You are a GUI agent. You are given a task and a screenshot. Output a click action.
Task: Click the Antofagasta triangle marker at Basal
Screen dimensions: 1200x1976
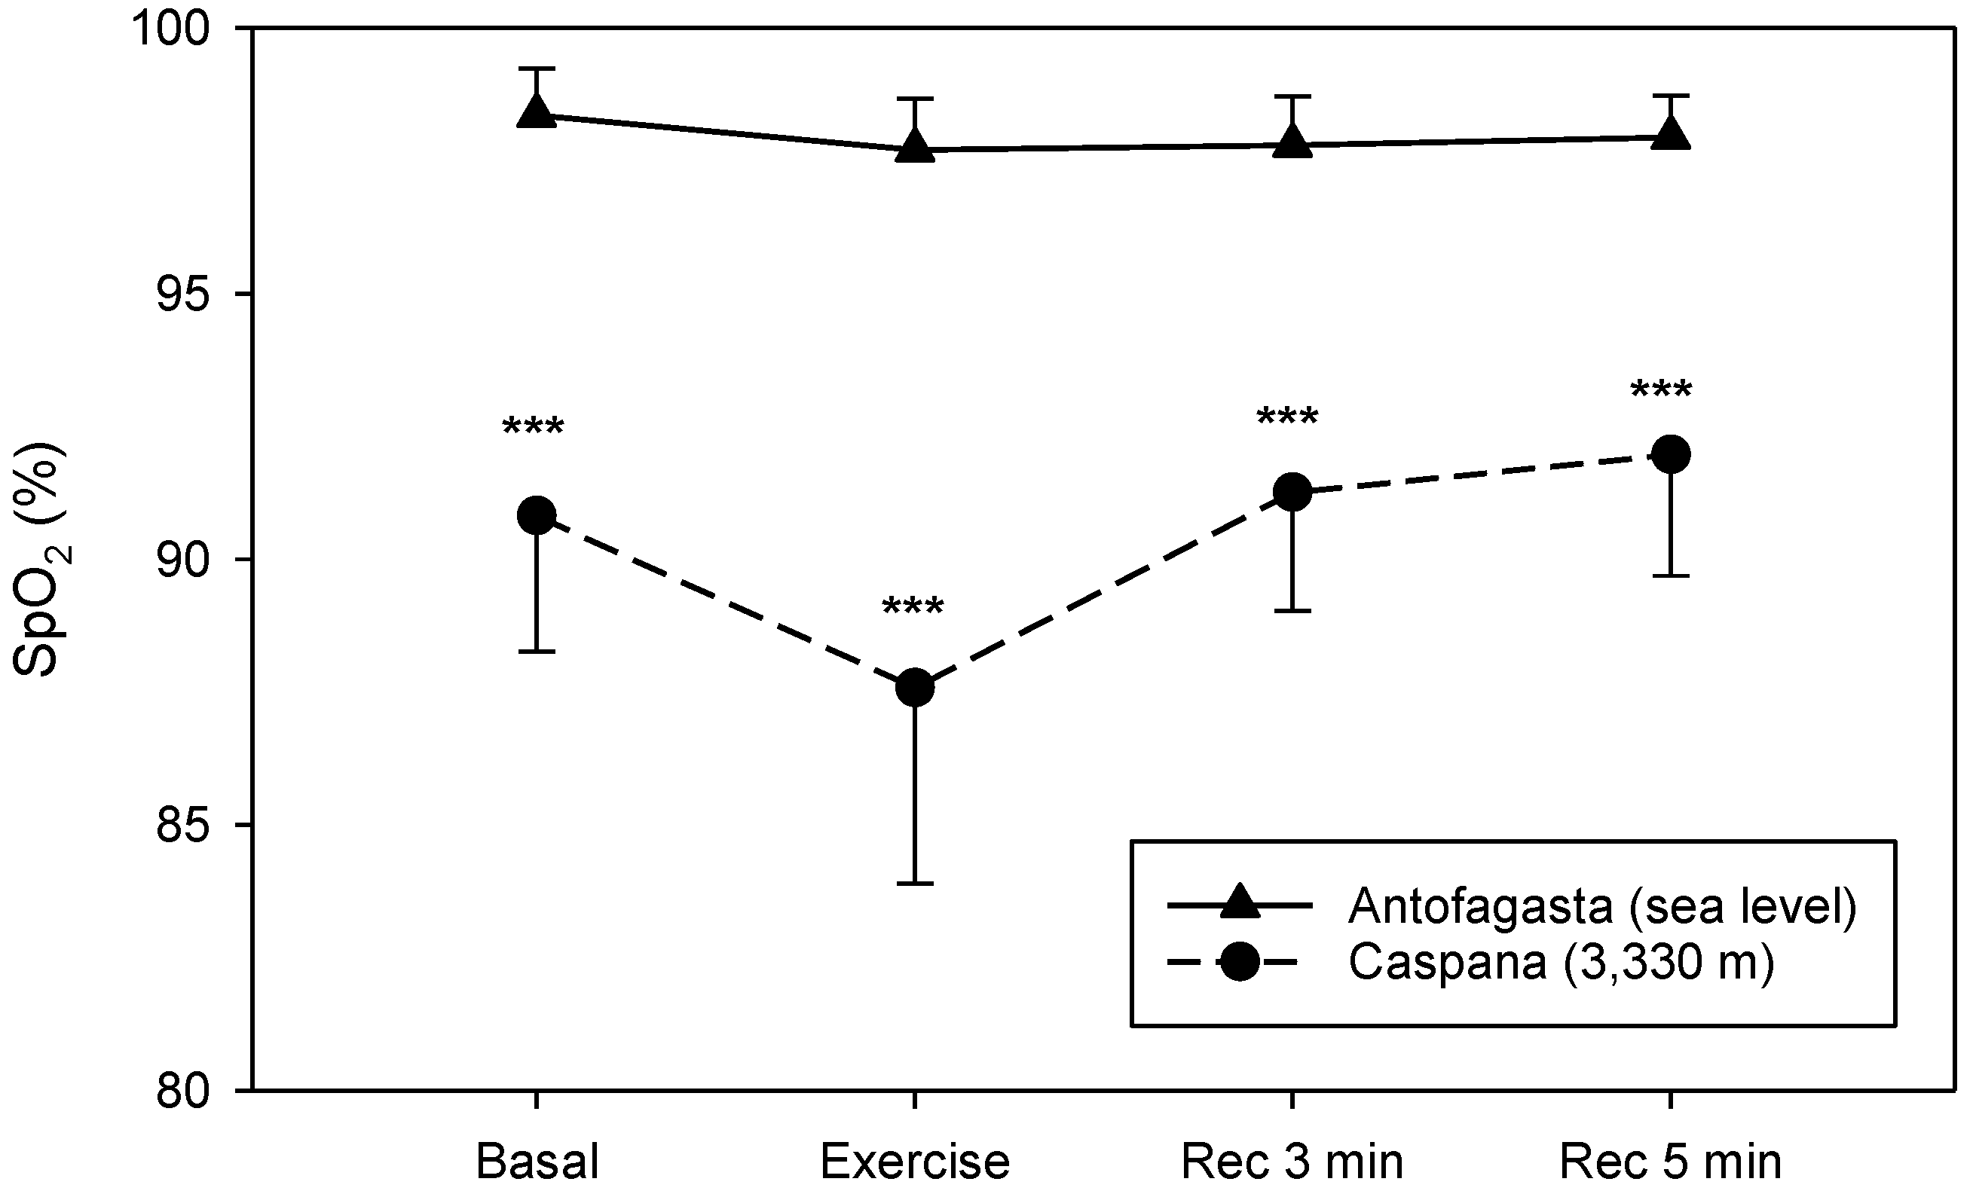pos(537,112)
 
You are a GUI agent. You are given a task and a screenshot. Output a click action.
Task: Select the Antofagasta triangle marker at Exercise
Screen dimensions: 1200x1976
pos(914,147)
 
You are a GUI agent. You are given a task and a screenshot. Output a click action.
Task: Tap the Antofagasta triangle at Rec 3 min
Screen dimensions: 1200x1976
pos(1292,142)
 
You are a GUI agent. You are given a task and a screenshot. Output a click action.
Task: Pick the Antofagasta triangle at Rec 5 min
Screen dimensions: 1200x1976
pos(1671,134)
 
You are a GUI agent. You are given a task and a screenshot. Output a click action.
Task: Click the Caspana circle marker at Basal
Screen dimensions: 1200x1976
pos(537,515)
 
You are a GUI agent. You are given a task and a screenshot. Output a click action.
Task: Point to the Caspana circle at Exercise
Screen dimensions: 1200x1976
pos(914,688)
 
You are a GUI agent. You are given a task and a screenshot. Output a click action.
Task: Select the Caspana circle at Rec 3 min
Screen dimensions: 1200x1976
pos(1292,491)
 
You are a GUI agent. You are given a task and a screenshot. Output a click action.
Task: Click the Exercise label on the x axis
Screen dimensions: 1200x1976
pos(914,1161)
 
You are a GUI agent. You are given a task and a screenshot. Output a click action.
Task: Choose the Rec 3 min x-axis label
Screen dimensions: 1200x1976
pos(1292,1161)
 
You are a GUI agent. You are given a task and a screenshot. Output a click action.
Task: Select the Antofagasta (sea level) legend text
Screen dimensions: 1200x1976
pos(1602,905)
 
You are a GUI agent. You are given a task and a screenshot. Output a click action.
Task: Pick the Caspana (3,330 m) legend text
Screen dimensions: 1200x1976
pos(1561,963)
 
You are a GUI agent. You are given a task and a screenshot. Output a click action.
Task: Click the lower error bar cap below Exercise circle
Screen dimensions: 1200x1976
pos(914,884)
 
